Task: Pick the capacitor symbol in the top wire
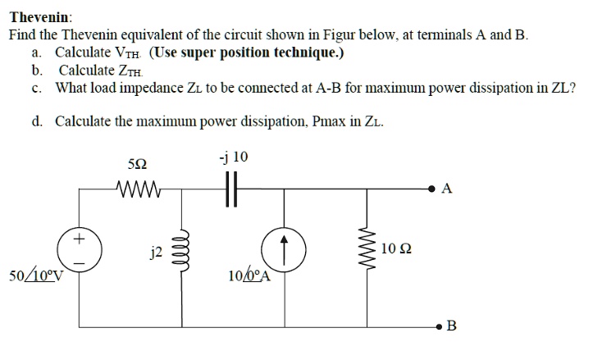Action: [233, 189]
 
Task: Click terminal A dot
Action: [430, 189]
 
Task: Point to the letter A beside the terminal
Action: [445, 189]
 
